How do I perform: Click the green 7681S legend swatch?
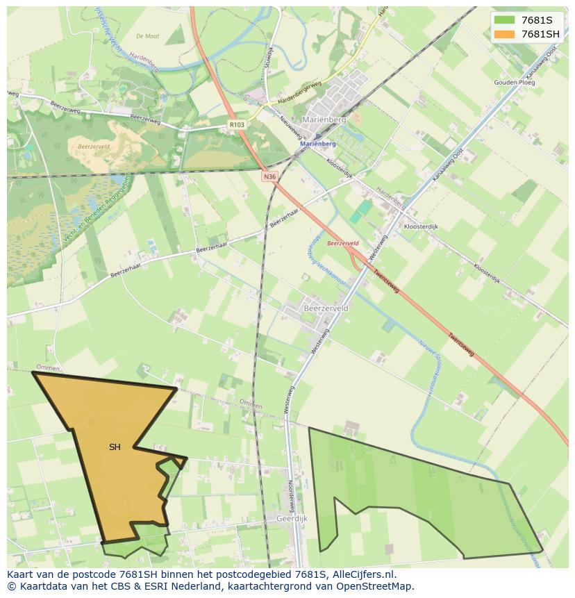[505, 19]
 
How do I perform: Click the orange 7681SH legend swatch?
[505, 34]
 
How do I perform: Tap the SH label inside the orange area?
[115, 447]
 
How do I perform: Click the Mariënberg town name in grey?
[324, 119]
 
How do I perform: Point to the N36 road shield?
[269, 177]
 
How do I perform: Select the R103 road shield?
[237, 125]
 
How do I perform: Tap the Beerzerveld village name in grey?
[326, 307]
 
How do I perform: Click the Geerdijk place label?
[292, 518]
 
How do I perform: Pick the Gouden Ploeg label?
[515, 83]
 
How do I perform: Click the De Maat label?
[148, 36]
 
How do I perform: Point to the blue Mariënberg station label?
[318, 144]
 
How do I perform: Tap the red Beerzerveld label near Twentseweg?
[342, 244]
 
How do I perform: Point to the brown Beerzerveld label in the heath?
[94, 147]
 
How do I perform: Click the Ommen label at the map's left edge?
[48, 368]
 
